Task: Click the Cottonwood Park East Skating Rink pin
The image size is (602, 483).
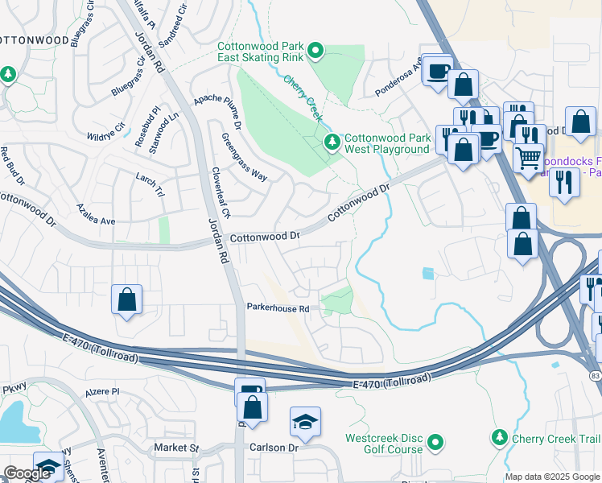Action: tap(316, 52)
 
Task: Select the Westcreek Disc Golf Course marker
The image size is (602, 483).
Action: tap(435, 442)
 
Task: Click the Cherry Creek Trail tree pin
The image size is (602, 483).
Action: tap(500, 438)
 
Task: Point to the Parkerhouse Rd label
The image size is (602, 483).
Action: tap(278, 308)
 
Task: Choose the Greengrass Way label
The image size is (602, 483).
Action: tap(244, 157)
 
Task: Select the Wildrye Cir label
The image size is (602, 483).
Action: tap(105, 127)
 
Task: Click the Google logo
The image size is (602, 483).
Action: tap(28, 473)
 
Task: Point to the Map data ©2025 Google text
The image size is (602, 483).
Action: tap(552, 477)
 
